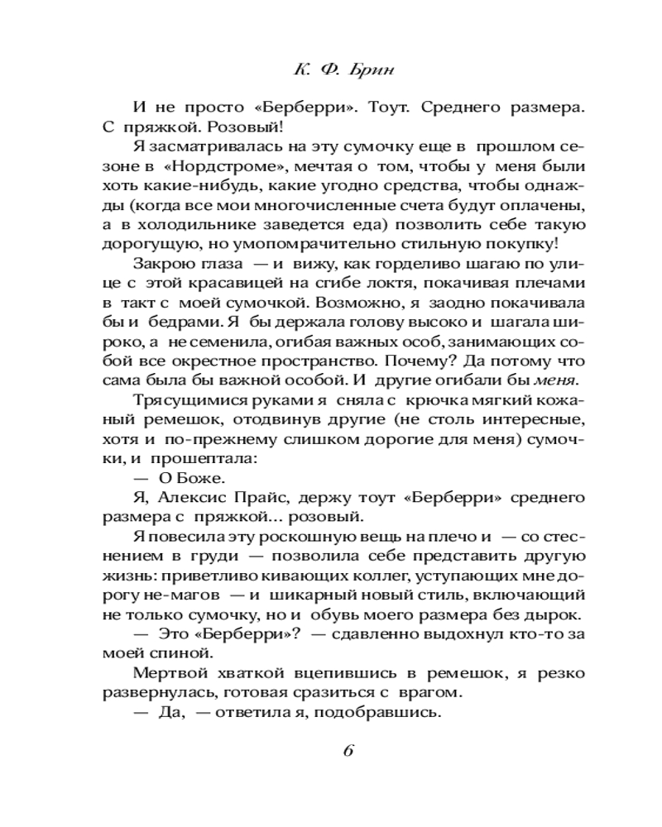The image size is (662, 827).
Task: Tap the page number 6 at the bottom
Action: [x=348, y=752]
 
